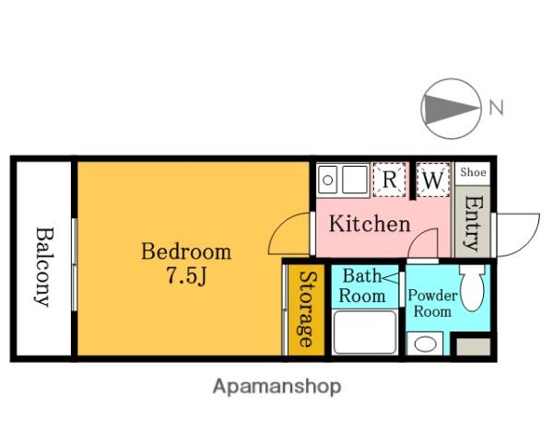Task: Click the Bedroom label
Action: pos(186,251)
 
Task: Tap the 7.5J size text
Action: pos(186,275)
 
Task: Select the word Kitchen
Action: pos(370,224)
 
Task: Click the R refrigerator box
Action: pos(389,180)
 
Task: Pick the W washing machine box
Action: pos(433,180)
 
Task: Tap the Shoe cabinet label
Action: pos(473,172)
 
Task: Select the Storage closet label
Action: pos(306,308)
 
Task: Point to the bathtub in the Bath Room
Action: pos(364,332)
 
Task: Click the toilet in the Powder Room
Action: pos(472,287)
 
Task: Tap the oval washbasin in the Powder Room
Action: pos(425,344)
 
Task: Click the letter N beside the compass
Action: pos(496,107)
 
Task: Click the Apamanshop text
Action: pos(276,387)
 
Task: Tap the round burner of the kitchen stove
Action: pos(327,180)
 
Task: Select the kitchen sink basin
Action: pos(355,180)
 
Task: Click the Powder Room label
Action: pos(432,304)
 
